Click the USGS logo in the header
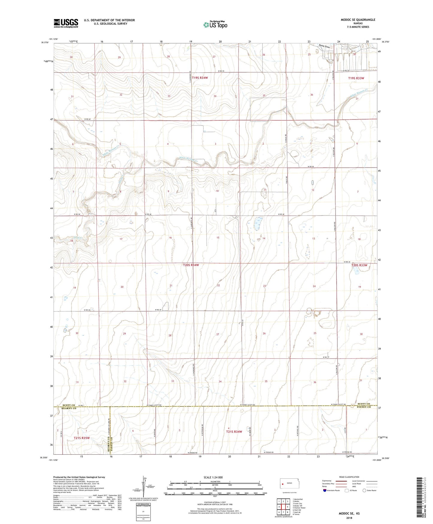(66, 23)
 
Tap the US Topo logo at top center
(215, 25)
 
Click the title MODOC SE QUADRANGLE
(357, 20)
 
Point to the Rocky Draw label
(324, 47)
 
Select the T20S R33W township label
(359, 265)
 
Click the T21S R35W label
(82, 438)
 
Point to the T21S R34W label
(234, 432)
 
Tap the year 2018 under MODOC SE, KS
(349, 518)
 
